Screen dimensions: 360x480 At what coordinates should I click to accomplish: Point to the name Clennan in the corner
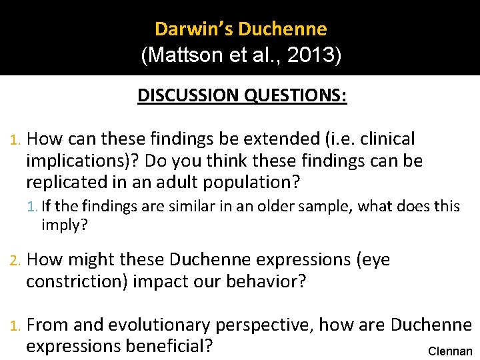[450, 351]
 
